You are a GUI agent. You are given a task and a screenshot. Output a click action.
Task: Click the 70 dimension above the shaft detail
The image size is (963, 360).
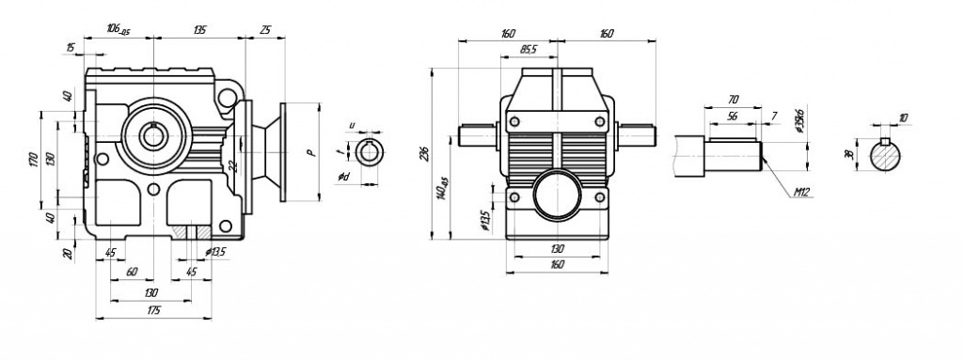click(734, 98)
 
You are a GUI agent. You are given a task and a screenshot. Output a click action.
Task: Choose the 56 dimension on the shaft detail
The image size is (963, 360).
click(733, 116)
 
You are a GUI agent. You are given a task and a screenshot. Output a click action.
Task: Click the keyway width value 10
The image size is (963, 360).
click(904, 118)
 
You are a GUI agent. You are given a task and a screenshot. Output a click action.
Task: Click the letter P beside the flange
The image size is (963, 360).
click(308, 151)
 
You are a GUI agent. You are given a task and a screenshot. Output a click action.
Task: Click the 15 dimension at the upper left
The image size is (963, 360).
click(71, 47)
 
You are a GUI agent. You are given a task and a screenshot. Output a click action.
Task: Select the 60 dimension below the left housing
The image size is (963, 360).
click(131, 272)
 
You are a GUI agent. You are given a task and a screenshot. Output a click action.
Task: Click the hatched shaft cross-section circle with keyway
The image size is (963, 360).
click(887, 155)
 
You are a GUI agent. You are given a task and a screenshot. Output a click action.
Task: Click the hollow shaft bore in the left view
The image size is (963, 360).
click(153, 135)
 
